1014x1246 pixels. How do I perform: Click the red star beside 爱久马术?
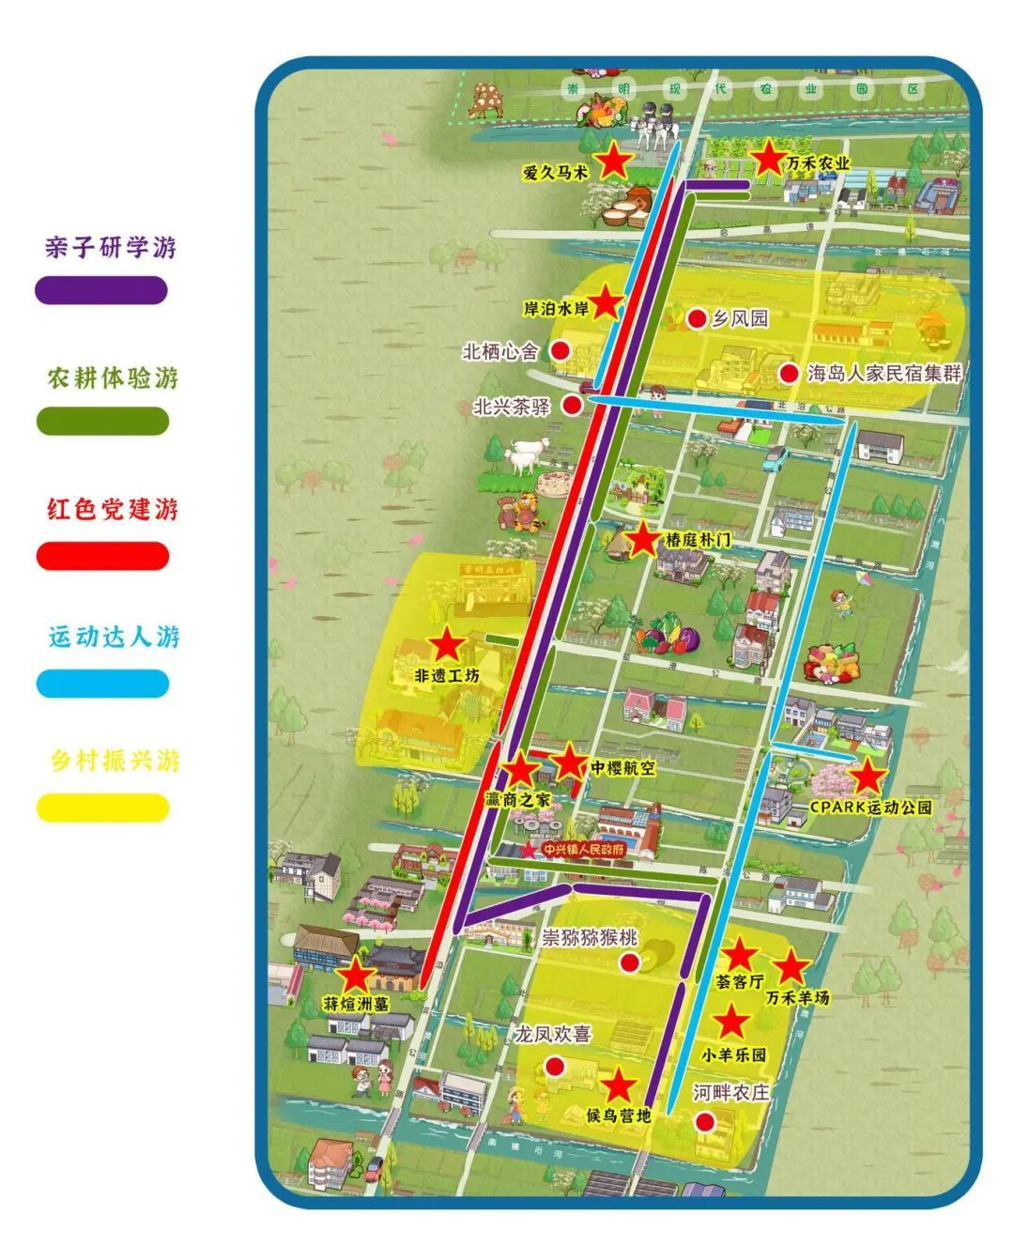615,162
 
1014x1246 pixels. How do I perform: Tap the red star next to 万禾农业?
769,157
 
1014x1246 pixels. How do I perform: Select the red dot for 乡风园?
697,319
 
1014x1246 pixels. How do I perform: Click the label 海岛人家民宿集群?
884,373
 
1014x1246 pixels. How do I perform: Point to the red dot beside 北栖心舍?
560,351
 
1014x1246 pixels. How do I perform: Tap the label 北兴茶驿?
512,407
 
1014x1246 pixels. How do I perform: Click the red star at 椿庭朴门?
643,541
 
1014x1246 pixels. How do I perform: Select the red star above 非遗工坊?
447,645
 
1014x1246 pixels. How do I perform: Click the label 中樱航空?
622,768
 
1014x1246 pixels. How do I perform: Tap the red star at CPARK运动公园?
868,777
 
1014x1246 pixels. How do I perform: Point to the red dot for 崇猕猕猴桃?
630,961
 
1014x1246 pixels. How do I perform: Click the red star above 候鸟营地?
618,1086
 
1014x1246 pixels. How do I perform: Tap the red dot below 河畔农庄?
704,1121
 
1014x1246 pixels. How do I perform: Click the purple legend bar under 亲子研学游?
101,290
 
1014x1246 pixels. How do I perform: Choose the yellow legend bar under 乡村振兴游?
102,808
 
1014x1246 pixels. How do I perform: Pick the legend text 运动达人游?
114,637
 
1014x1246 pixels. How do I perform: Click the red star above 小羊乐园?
731,1023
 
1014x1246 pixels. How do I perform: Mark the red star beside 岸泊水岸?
606,302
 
